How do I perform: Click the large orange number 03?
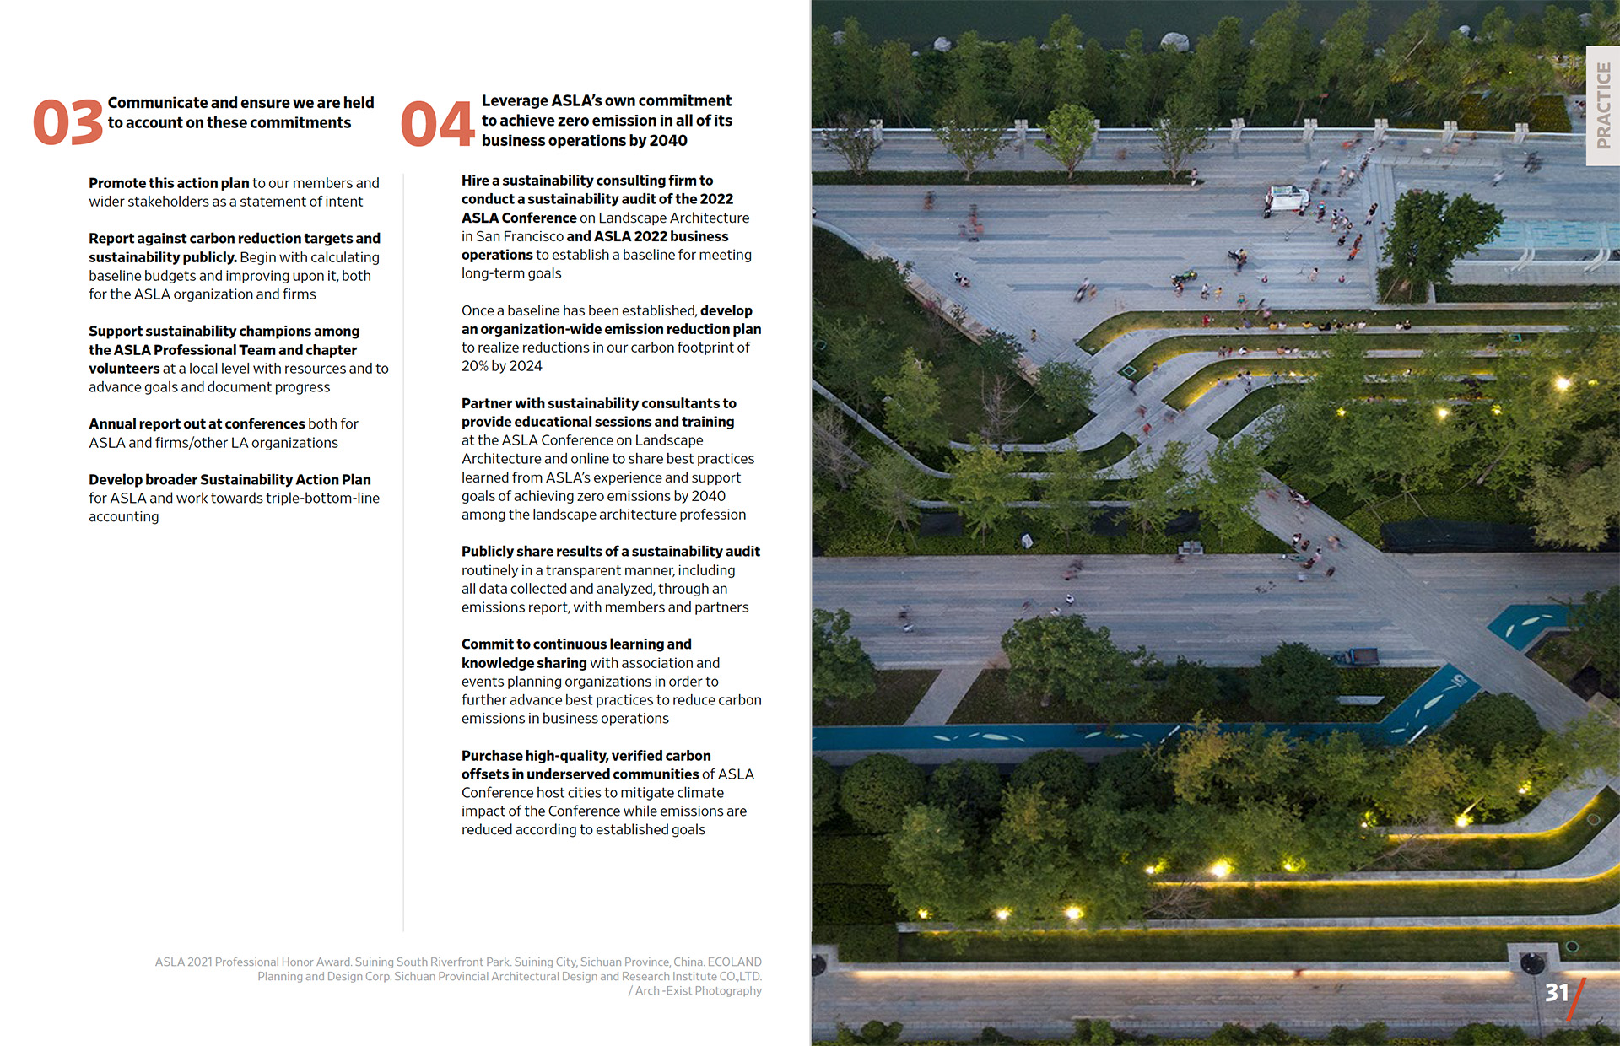(67, 123)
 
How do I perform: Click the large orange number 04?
(437, 123)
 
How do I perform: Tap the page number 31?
(1556, 993)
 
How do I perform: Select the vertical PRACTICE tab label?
(1603, 105)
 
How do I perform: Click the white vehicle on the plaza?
(1287, 200)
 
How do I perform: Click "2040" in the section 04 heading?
(668, 141)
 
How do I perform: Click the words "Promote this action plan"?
(169, 183)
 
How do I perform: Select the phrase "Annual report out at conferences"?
(197, 423)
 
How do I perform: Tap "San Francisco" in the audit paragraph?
(520, 236)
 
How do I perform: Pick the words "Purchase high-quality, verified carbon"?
(586, 756)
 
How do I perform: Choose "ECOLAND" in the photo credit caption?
(734, 962)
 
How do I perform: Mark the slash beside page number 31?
(1576, 999)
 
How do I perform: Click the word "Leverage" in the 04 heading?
(515, 100)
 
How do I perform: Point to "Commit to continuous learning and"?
(576, 644)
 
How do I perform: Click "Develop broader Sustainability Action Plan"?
(229, 479)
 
